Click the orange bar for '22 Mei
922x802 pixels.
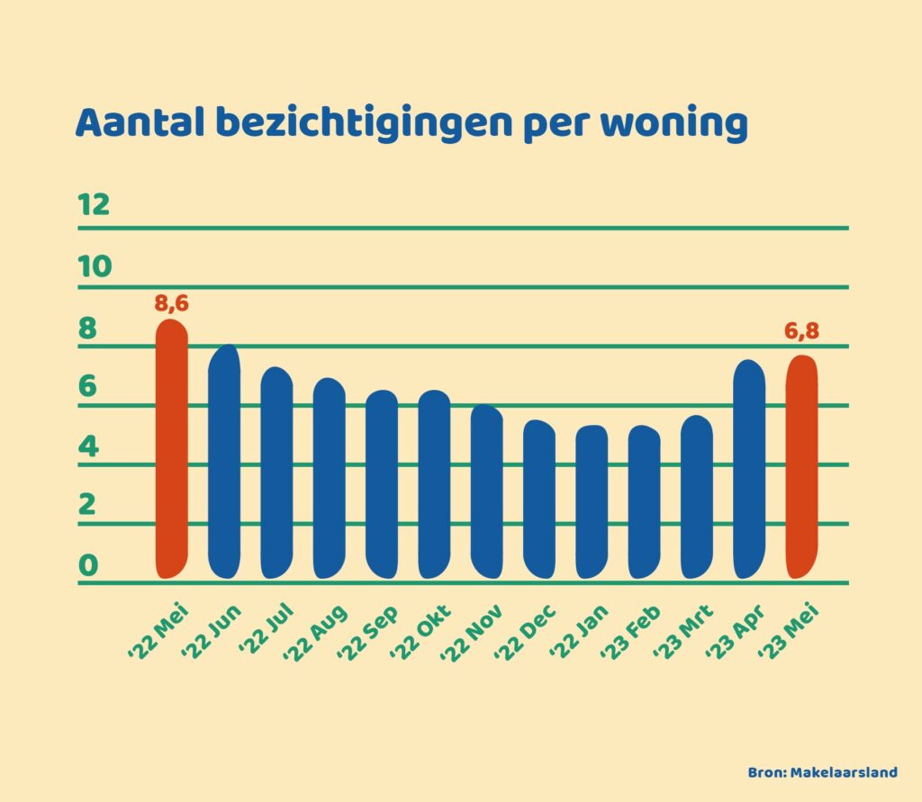pos(172,450)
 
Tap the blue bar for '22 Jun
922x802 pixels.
pos(224,461)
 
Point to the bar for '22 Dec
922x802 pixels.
pos(539,500)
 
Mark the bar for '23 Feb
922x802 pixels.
pos(644,501)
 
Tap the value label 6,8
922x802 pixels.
pos(801,331)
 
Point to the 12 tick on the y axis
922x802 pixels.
pos(94,205)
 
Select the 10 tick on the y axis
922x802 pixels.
pos(94,266)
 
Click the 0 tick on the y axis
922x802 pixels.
pos(87,565)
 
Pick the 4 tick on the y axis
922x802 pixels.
pos(87,446)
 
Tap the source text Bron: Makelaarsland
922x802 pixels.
pos(823,772)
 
